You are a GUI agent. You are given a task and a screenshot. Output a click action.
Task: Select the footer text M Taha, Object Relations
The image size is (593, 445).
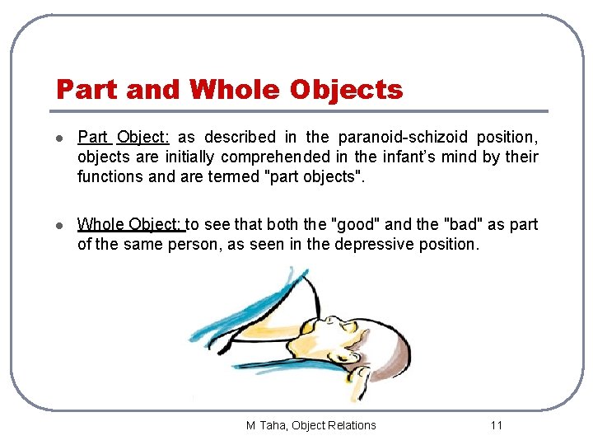(x=311, y=425)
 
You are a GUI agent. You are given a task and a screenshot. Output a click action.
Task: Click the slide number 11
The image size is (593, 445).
(x=496, y=425)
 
